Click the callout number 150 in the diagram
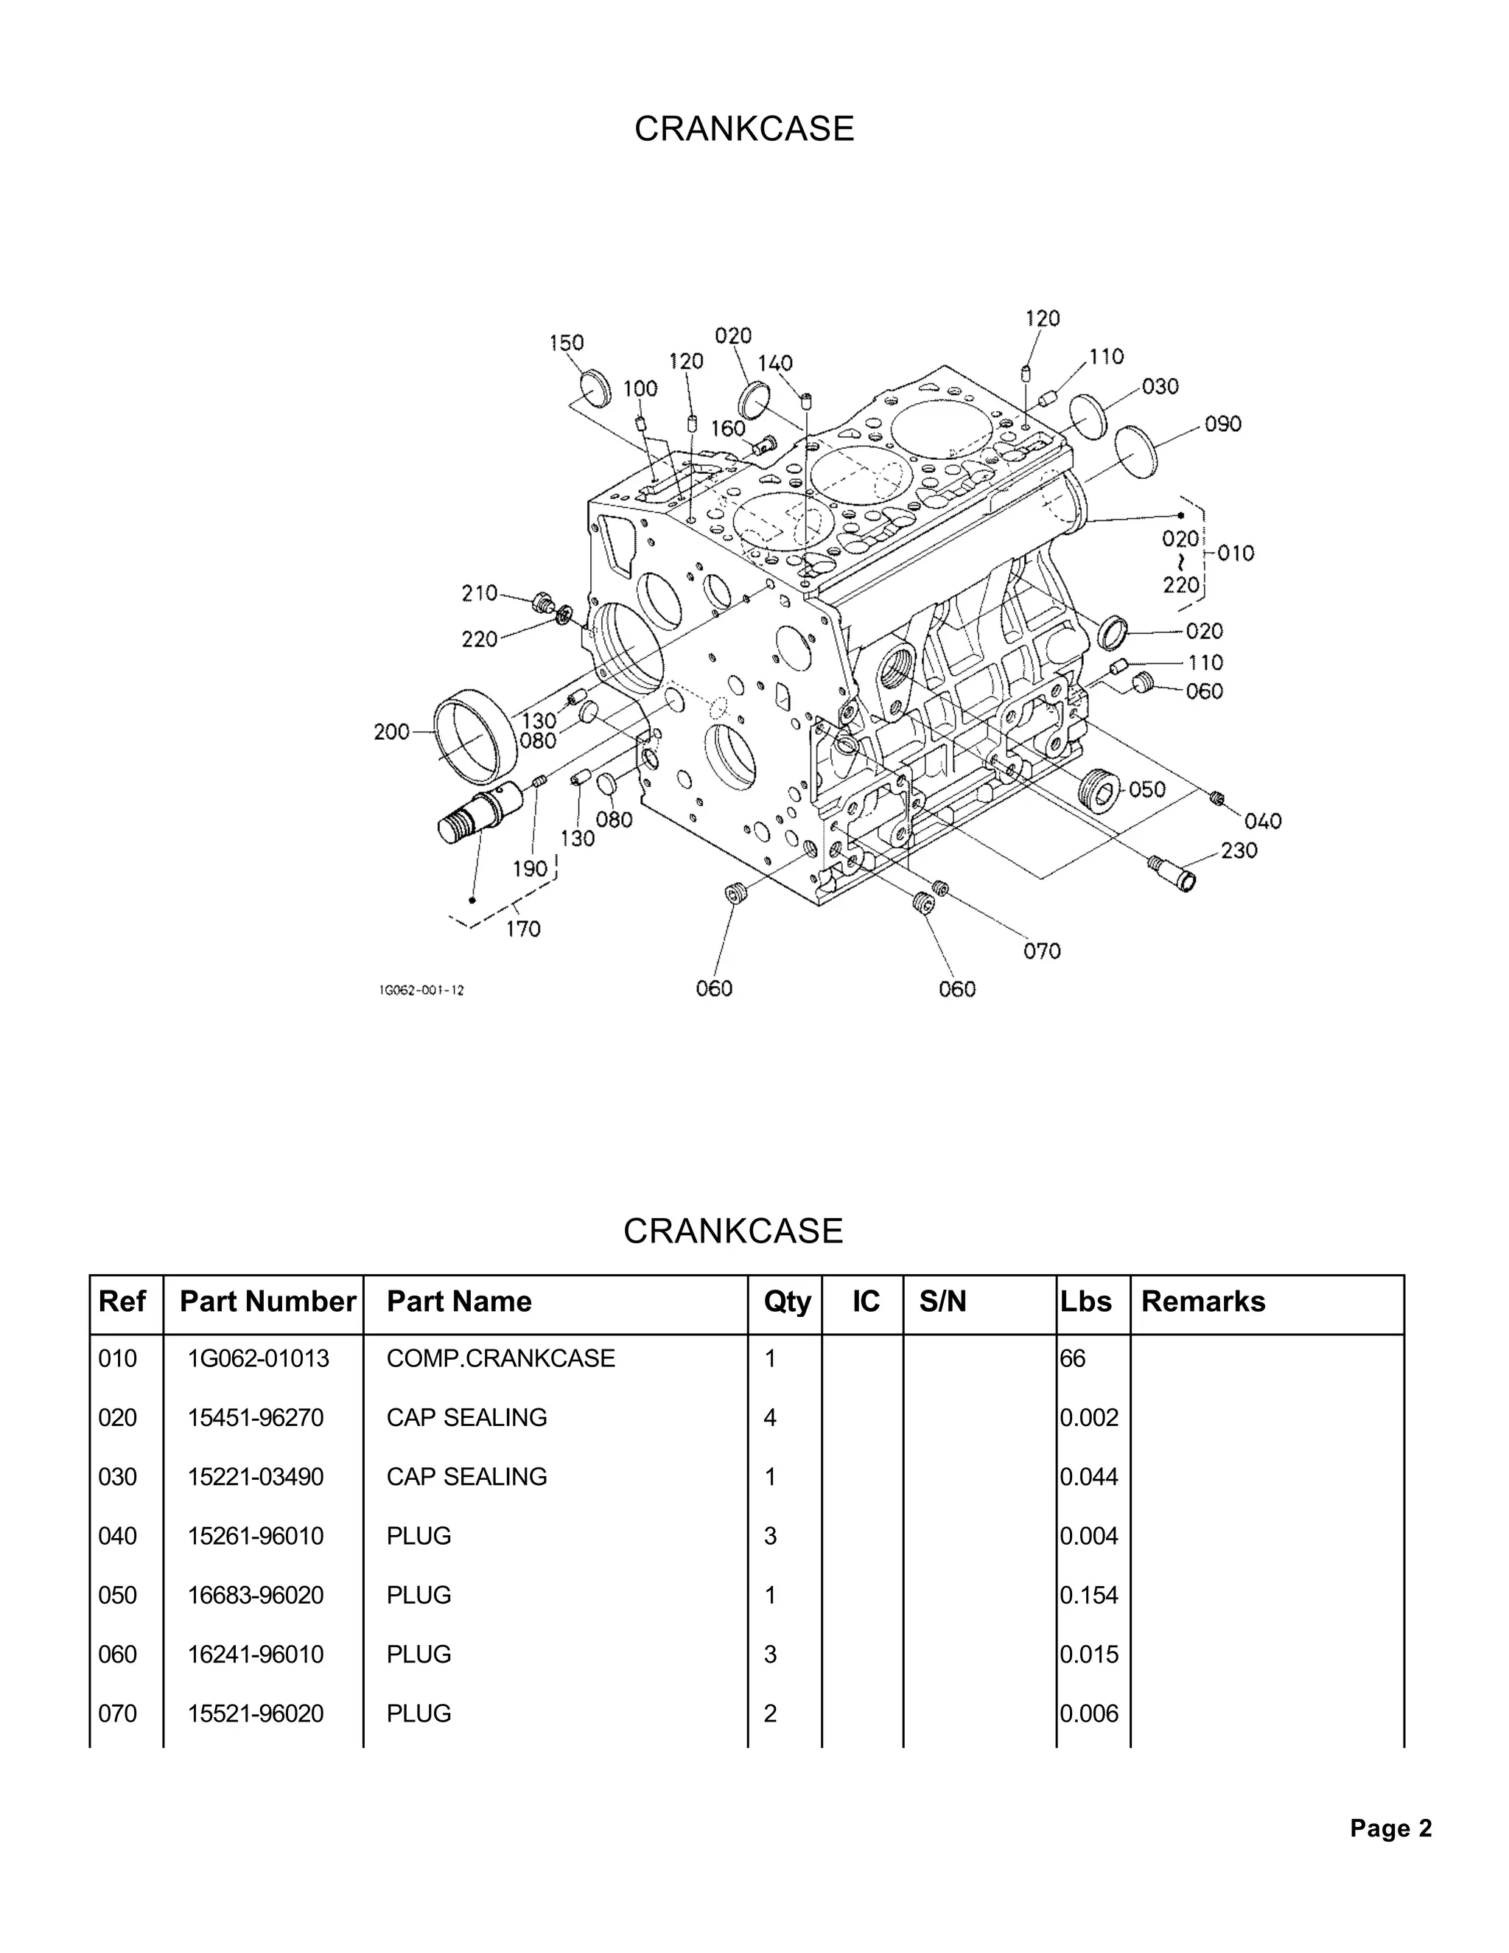pyautogui.click(x=566, y=343)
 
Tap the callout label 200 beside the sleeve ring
pyautogui.click(x=391, y=733)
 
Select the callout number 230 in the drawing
pyautogui.click(x=1239, y=850)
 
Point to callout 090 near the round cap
pyautogui.click(x=1223, y=424)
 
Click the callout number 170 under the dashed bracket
pyautogui.click(x=523, y=929)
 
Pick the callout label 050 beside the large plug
pyautogui.click(x=1147, y=789)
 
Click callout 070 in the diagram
pyautogui.click(x=1041, y=951)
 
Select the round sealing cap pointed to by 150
pyautogui.click(x=594, y=386)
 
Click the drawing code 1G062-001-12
pyautogui.click(x=421, y=990)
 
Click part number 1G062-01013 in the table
pyautogui.click(x=259, y=1358)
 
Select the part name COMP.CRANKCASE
pyautogui.click(x=500, y=1358)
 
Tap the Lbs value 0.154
pyautogui.click(x=1089, y=1596)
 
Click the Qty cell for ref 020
pyautogui.click(x=771, y=1417)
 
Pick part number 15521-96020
pyautogui.click(x=256, y=1713)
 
